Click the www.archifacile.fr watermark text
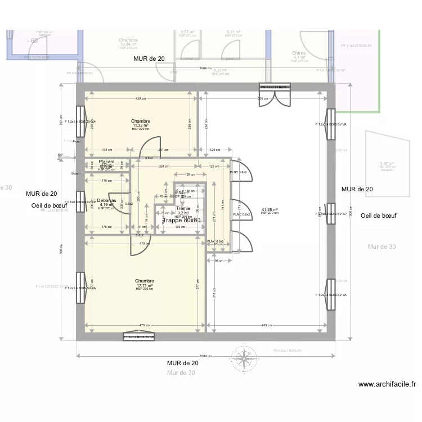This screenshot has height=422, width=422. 387,385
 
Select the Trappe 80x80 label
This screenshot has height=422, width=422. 182,220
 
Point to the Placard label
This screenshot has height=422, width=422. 106,161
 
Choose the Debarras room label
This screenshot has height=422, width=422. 106,200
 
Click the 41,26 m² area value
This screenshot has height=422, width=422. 270,210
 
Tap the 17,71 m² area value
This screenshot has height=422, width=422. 145,285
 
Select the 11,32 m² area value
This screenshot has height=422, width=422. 140,125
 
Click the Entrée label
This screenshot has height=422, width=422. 299,53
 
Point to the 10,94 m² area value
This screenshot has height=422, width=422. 128,44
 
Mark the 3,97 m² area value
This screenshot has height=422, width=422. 387,164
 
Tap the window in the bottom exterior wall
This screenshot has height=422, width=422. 139,337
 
